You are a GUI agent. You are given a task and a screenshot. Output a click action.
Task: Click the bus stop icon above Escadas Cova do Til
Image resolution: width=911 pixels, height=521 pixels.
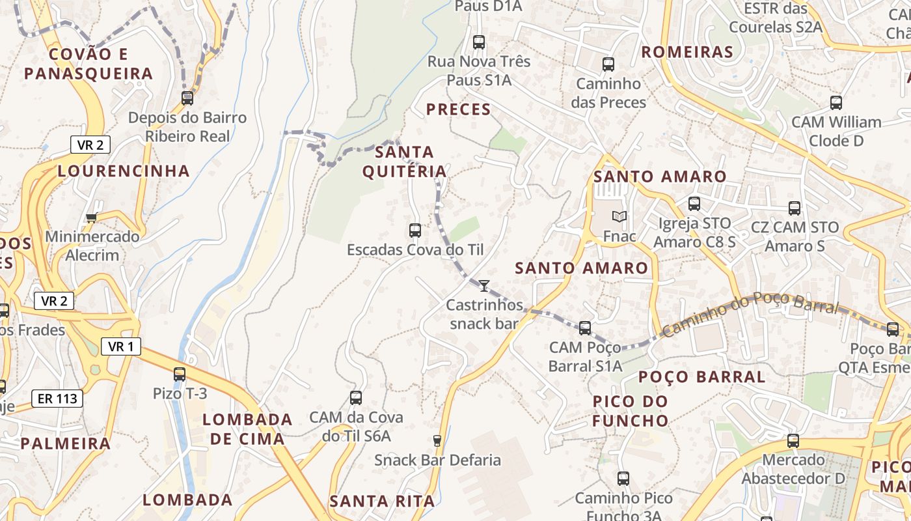click(415, 230)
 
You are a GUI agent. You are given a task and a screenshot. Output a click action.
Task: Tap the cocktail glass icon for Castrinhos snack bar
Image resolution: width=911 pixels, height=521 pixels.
click(483, 285)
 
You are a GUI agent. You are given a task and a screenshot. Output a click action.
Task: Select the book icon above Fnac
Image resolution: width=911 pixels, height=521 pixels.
click(619, 216)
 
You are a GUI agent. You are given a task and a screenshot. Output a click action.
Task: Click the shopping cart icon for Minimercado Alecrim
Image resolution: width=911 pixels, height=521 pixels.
click(91, 218)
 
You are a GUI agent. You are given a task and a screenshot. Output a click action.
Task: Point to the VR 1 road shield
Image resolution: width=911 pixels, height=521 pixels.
click(121, 346)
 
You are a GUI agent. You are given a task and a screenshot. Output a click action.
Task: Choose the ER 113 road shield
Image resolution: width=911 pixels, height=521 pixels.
click(57, 399)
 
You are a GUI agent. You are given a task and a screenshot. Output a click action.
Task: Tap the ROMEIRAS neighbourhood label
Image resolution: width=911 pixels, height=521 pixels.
click(687, 52)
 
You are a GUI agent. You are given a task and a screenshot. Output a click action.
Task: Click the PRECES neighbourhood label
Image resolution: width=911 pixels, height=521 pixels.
click(459, 109)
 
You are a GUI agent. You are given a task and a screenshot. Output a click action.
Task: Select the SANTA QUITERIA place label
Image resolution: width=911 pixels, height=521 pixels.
click(405, 162)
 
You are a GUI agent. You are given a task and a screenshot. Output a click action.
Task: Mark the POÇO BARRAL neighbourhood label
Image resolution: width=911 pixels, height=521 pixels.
click(701, 377)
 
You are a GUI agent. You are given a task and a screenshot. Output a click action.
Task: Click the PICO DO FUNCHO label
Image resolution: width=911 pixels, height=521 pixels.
click(631, 411)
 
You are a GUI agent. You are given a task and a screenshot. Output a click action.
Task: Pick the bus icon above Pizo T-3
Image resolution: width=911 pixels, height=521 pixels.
click(180, 374)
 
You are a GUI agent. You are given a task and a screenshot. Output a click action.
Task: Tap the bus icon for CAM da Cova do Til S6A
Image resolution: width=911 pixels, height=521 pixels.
click(356, 398)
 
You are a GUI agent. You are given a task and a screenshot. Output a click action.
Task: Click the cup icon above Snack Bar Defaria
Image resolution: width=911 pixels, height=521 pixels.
click(437, 441)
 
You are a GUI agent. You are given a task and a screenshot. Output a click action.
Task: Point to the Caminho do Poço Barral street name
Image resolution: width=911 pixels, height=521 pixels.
click(750, 314)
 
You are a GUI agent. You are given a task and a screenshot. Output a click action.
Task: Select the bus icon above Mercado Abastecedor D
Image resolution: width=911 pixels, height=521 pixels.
click(793, 441)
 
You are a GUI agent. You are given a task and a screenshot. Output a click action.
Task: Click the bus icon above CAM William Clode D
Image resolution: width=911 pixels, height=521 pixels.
click(836, 103)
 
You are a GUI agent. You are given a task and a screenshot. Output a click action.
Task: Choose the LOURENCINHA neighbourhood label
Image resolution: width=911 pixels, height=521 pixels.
click(124, 171)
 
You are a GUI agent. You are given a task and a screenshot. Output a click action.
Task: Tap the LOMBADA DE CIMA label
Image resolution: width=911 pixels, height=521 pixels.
click(247, 429)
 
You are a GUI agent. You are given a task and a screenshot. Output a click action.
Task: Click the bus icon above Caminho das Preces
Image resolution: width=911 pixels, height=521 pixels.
click(608, 64)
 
